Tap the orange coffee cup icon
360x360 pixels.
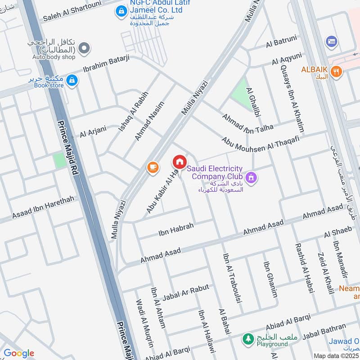coord(153,167)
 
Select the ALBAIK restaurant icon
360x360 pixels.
coord(335,71)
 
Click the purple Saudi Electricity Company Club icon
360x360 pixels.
coord(251,177)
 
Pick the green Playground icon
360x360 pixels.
coord(247,338)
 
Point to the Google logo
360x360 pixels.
coord(18,353)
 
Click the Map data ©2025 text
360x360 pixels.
coord(335,355)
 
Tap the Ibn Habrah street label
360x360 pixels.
coord(175,229)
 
